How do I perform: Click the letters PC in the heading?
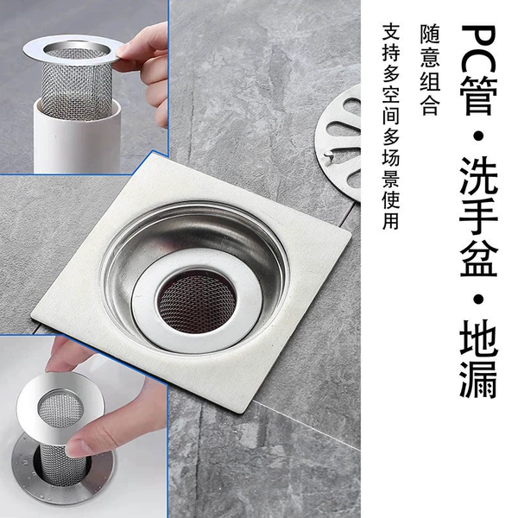pyautogui.click(x=478, y=50)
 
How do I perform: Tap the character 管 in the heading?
pyautogui.click(x=478, y=97)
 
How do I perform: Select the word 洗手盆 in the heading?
pyautogui.click(x=478, y=217)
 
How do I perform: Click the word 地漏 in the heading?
pyautogui.click(x=478, y=359)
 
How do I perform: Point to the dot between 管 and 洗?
pyautogui.click(x=478, y=136)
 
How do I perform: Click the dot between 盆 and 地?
pyautogui.click(x=478, y=299)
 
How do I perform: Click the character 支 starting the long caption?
pyautogui.click(x=391, y=32)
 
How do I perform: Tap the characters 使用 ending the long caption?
pyautogui.click(x=391, y=211)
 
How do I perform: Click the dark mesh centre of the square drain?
pyautogui.click(x=196, y=303)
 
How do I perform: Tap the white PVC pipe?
pyautogui.click(x=77, y=139)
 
